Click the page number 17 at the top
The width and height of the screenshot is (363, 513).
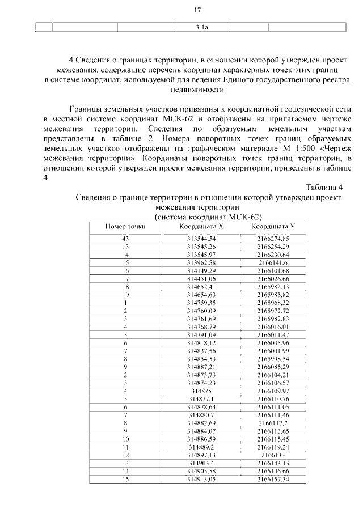click(198, 10)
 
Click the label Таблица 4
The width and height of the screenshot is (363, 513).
click(324, 188)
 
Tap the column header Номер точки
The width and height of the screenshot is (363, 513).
click(125, 226)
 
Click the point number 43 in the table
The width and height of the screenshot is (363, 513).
click(125, 239)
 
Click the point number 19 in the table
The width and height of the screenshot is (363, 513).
click(125, 295)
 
